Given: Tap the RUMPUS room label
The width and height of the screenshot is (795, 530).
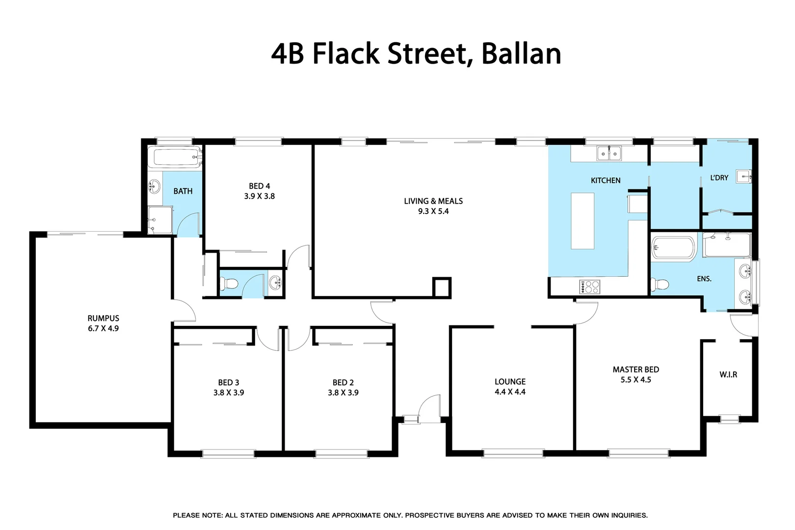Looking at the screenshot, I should pos(103,318).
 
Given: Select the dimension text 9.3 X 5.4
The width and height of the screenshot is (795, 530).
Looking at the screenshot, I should pos(433,212).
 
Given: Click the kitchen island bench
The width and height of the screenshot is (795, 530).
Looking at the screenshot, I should pos(583,220).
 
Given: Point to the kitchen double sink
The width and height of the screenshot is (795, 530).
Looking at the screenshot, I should pos(609,154).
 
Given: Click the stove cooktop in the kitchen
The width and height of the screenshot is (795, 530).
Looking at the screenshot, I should pos(589,287).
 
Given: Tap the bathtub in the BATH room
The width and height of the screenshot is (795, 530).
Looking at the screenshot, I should pos(175,158).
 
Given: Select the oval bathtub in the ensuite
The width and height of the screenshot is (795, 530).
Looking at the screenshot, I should pos(673,248).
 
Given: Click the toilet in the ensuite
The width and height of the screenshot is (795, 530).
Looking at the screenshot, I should pos(660,284).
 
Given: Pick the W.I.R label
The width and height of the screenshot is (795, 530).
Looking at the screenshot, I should pos(728,374).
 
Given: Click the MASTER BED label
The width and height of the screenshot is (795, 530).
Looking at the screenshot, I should pos(636,370).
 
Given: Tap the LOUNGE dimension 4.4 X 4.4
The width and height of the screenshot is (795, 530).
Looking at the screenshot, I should pos(510,392).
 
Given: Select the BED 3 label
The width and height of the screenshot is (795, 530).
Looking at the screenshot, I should pos(229,382).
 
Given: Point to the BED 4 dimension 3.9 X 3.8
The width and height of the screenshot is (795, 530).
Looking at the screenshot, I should pos(259,196).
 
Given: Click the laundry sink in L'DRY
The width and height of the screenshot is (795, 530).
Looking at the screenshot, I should pos(743,177).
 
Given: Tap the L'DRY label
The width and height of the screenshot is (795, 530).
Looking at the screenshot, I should pos(719,178).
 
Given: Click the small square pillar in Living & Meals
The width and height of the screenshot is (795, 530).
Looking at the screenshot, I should pos(441,287).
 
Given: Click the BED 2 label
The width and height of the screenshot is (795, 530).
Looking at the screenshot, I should pos(343,382).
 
